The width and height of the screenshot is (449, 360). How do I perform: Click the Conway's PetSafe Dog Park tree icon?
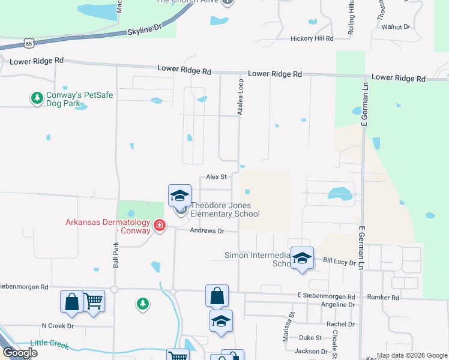coord(37,97)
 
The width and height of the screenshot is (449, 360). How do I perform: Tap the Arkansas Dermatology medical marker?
coord(160,226)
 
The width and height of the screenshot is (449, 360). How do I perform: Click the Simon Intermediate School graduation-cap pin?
coord(302,258)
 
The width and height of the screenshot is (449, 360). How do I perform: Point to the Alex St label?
coord(216,177)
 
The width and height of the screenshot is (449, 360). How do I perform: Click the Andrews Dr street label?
coord(206,231)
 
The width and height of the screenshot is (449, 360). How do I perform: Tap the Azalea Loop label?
coord(240,97)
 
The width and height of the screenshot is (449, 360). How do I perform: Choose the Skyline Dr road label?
coord(145,29)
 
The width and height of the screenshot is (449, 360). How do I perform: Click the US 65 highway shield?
coord(29,43)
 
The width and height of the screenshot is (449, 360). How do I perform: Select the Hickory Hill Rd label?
coord(312,38)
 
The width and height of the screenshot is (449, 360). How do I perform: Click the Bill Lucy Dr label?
coord(340,261)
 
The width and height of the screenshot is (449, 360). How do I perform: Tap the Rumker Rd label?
coord(387,297)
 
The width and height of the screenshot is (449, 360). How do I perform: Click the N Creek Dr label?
coord(57,326)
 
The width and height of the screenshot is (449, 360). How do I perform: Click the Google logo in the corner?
coord(20,353)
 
